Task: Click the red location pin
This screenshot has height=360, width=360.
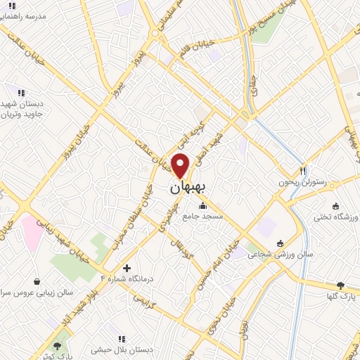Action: [x=181, y=165]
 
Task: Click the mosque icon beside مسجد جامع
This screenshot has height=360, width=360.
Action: [x=203, y=206]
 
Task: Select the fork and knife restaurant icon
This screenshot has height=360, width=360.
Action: [x=303, y=170]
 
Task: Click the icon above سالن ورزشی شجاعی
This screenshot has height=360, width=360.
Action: [x=281, y=243]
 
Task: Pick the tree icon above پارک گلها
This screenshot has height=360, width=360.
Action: [x=341, y=285]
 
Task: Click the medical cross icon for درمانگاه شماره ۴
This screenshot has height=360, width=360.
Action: [x=127, y=268]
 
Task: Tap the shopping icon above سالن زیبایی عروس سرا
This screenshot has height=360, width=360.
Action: [x=37, y=281]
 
